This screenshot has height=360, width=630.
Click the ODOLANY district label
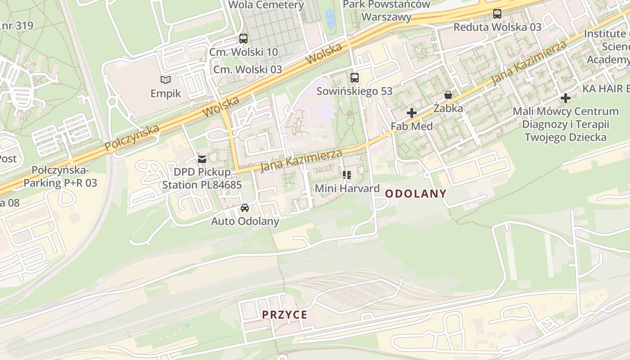point(416,194)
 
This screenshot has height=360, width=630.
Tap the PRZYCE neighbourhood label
point(284,315)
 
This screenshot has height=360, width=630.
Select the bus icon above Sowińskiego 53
point(355,78)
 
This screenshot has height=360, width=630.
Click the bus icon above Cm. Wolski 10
point(243,39)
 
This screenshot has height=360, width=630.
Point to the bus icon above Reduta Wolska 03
point(497,14)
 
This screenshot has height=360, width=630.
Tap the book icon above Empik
point(166,80)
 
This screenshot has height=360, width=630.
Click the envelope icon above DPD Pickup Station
point(202,159)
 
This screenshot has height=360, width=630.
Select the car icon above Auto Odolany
point(245,208)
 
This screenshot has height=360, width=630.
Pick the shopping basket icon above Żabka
point(448,95)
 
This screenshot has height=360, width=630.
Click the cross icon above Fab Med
point(411,113)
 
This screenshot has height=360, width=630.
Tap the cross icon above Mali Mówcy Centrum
point(566,98)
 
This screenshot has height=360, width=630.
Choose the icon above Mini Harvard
point(347,175)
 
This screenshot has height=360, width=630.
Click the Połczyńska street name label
point(132,138)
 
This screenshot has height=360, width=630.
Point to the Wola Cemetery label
point(266,5)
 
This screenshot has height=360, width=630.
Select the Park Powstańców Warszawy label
point(387,11)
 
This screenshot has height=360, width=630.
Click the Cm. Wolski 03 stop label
point(247,69)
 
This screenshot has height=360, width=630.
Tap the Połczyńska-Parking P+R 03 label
point(60,177)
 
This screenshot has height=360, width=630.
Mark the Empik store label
point(166,94)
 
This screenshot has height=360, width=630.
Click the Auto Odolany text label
point(245,221)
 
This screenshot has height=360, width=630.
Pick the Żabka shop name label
point(448,108)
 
